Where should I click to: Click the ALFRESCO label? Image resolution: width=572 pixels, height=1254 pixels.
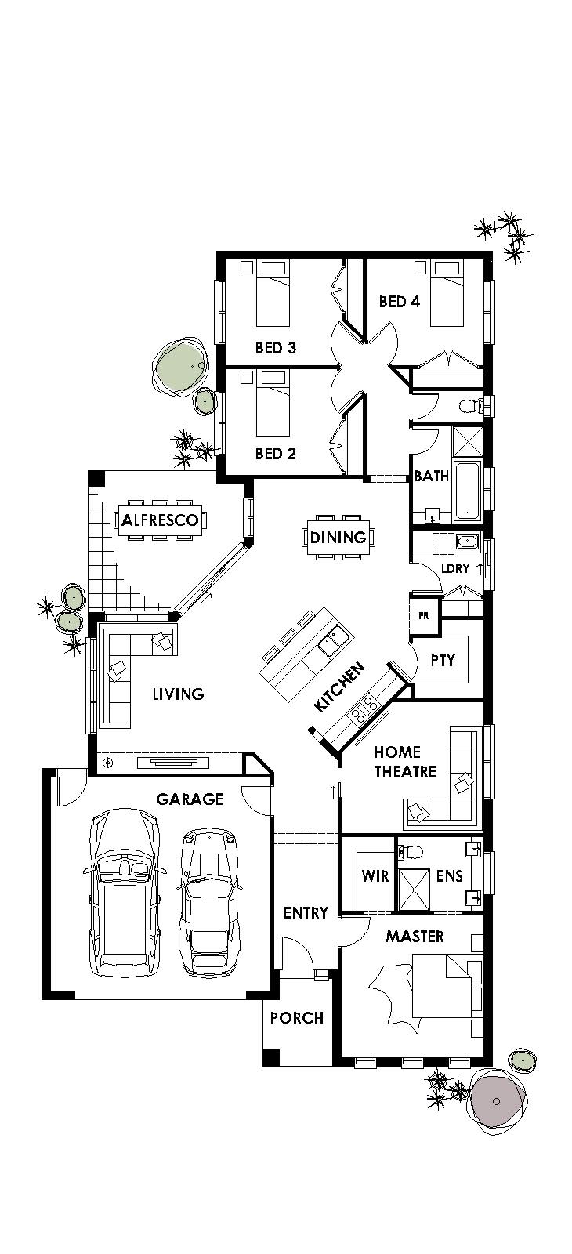[x=160, y=520]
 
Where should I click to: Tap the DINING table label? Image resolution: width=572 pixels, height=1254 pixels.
[x=338, y=537]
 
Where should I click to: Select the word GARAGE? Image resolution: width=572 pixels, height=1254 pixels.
[x=190, y=799]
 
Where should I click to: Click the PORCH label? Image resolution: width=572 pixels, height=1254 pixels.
[x=296, y=1018]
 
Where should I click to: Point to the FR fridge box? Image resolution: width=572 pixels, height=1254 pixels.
[x=424, y=616]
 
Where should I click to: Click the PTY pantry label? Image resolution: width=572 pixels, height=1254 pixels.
[x=443, y=660]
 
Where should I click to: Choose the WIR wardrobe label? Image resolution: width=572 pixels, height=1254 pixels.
[x=375, y=875]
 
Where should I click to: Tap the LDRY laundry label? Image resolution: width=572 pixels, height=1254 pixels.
[x=454, y=568]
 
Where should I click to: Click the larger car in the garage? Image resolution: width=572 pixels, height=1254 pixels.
[x=124, y=893]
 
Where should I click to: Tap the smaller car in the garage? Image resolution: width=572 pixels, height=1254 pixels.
[x=208, y=902]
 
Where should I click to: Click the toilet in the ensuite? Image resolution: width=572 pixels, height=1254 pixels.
[x=411, y=852]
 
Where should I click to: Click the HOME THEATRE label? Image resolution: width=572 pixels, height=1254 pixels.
[x=404, y=762]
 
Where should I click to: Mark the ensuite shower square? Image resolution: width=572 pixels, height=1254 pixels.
[x=415, y=889]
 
